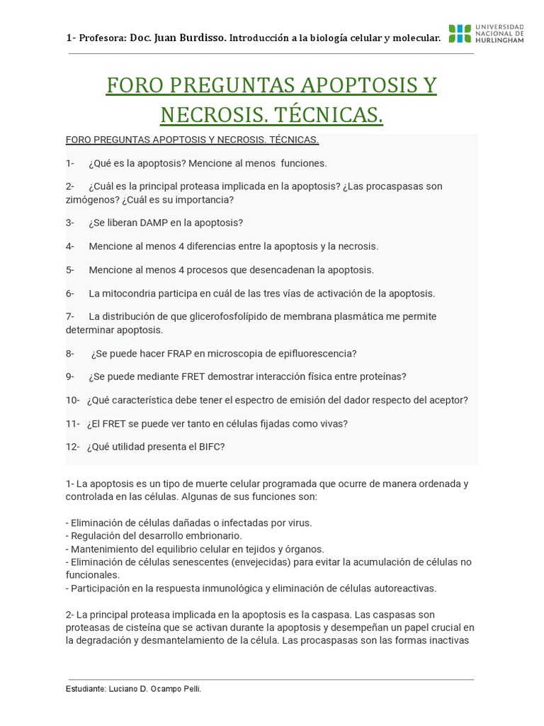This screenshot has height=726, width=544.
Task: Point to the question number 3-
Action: tap(70, 223)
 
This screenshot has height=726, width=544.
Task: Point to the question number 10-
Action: tap(72, 400)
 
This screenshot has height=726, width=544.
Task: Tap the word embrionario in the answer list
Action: tap(209, 535)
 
